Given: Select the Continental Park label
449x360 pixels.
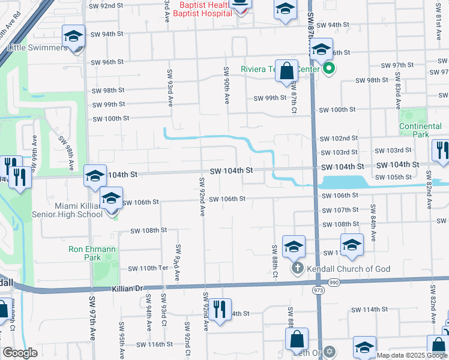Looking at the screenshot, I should (x=421, y=130).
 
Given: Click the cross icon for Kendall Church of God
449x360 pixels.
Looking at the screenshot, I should (x=297, y=268).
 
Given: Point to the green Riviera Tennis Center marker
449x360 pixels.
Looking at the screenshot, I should (x=328, y=69).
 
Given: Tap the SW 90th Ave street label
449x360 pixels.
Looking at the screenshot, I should (x=227, y=86).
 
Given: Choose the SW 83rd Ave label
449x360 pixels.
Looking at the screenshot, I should (x=397, y=90).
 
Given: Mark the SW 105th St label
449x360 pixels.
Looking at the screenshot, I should (x=394, y=178).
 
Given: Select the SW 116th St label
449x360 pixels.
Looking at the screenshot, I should (x=155, y=344).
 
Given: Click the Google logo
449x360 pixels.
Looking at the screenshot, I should (x=20, y=353).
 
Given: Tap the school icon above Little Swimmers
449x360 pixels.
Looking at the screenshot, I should (x=73, y=37).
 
